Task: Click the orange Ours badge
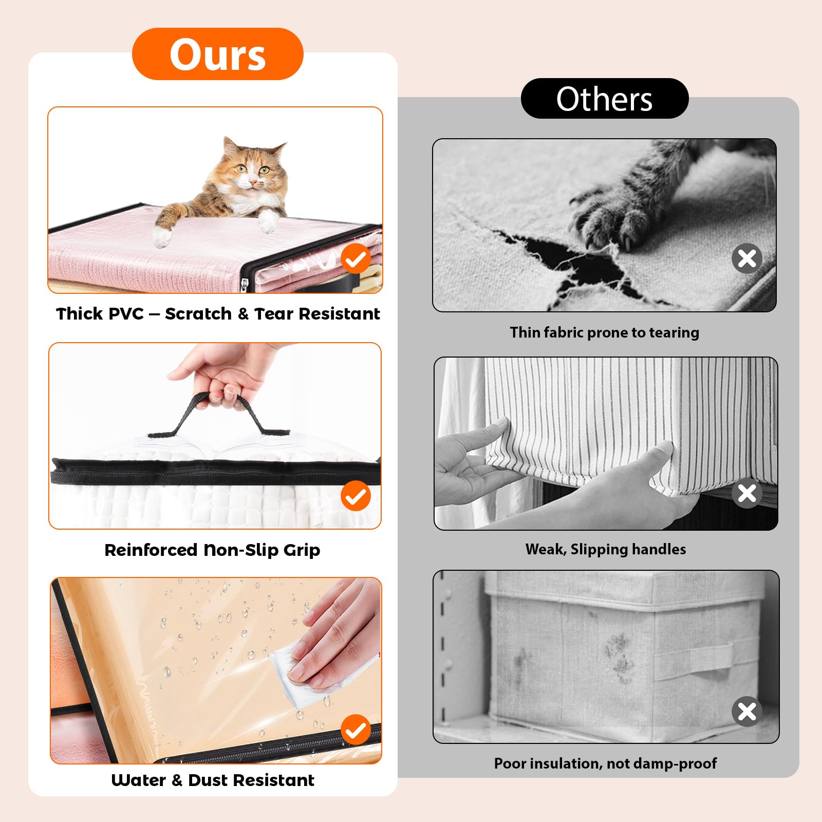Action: coord(217,54)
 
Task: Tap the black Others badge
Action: coord(605,98)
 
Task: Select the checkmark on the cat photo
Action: coord(356,259)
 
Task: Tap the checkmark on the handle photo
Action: coord(356,496)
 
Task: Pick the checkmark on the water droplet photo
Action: coord(356,730)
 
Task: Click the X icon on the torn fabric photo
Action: coord(747,258)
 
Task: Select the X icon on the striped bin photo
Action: coord(747,493)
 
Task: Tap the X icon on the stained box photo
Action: coord(747,712)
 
